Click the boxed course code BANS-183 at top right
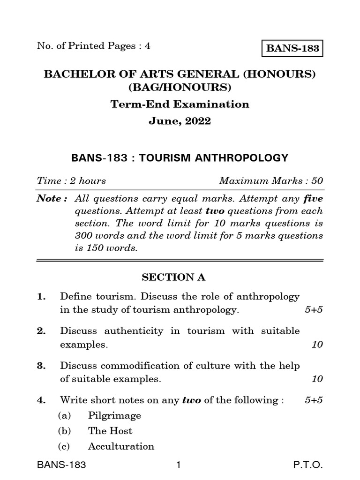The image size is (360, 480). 292,48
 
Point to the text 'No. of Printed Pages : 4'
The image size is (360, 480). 94,46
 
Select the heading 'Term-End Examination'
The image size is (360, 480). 180,104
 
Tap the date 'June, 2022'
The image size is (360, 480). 180,121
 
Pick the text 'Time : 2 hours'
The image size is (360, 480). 71,180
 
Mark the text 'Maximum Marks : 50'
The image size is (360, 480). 271,180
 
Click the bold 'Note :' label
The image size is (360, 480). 49,199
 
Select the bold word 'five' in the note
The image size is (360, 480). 314,199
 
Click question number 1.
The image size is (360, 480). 41,297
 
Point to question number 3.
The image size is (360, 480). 41,366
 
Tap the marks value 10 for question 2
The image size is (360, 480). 317,345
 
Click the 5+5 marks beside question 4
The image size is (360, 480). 314,400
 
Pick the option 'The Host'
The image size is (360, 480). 110,431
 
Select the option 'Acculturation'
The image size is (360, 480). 121,446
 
